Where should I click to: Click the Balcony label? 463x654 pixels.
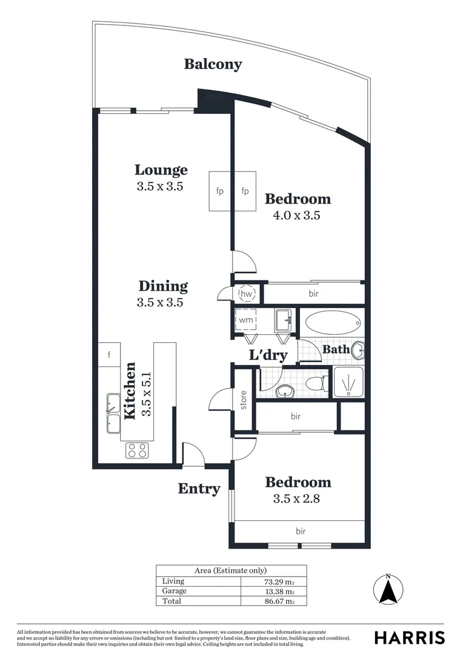(213, 64)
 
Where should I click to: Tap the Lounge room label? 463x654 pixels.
(161, 170)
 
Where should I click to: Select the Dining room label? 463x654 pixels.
(162, 286)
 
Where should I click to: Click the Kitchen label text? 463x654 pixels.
(130, 391)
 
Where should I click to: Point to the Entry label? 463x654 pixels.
(199, 489)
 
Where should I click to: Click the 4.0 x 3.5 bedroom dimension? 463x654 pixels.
(298, 214)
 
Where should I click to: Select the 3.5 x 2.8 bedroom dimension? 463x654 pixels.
(298, 499)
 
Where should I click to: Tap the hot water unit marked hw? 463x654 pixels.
(247, 294)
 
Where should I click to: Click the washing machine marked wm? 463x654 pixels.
(246, 320)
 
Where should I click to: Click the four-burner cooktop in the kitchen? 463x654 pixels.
(137, 451)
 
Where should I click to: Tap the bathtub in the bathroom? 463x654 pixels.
(332, 323)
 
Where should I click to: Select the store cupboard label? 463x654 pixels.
(244, 401)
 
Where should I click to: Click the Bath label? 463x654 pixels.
(336, 349)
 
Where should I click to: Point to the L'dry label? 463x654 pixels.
(267, 355)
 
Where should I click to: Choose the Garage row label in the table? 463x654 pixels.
(174, 591)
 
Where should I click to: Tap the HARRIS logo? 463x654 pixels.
(409, 637)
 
